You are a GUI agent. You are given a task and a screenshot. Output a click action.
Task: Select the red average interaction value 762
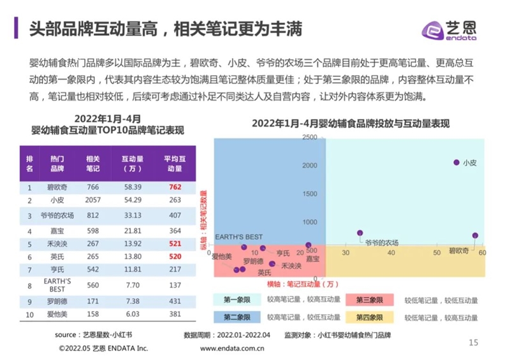176,187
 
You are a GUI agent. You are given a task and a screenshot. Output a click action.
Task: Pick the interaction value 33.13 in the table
133,215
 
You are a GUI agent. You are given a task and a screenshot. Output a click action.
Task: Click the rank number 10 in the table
29,313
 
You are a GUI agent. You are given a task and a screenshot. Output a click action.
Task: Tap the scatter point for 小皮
456,162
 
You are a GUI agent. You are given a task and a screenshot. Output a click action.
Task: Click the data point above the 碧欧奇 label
475,236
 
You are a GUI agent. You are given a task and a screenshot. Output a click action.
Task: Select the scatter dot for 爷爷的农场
360,233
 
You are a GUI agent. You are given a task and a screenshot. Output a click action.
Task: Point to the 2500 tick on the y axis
309,137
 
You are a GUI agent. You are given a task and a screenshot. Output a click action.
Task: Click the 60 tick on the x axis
482,253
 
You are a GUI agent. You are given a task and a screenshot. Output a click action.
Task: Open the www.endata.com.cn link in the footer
233,349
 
